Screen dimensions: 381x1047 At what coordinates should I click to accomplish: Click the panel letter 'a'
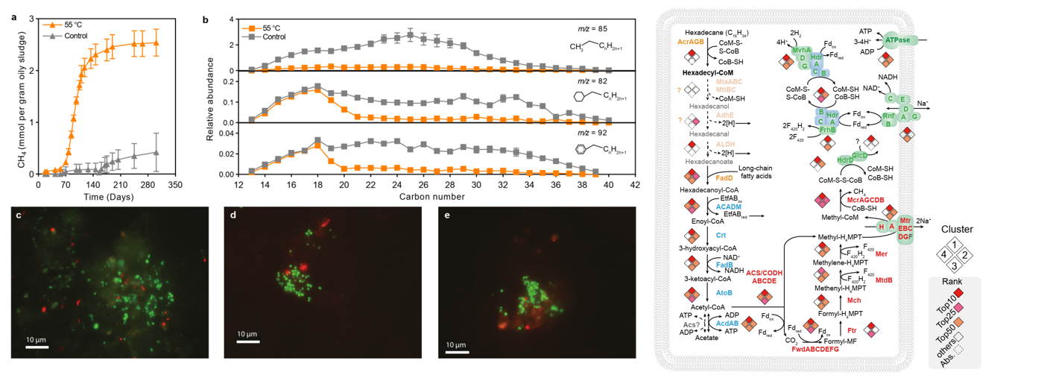pyautogui.click(x=13, y=16)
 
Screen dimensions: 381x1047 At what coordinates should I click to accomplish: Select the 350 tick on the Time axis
pyautogui.click(x=175, y=183)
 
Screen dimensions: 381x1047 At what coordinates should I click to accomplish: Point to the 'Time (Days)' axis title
pyautogui.click(x=103, y=196)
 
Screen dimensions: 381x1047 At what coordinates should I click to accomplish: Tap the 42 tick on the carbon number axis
pyautogui.click(x=635, y=183)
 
